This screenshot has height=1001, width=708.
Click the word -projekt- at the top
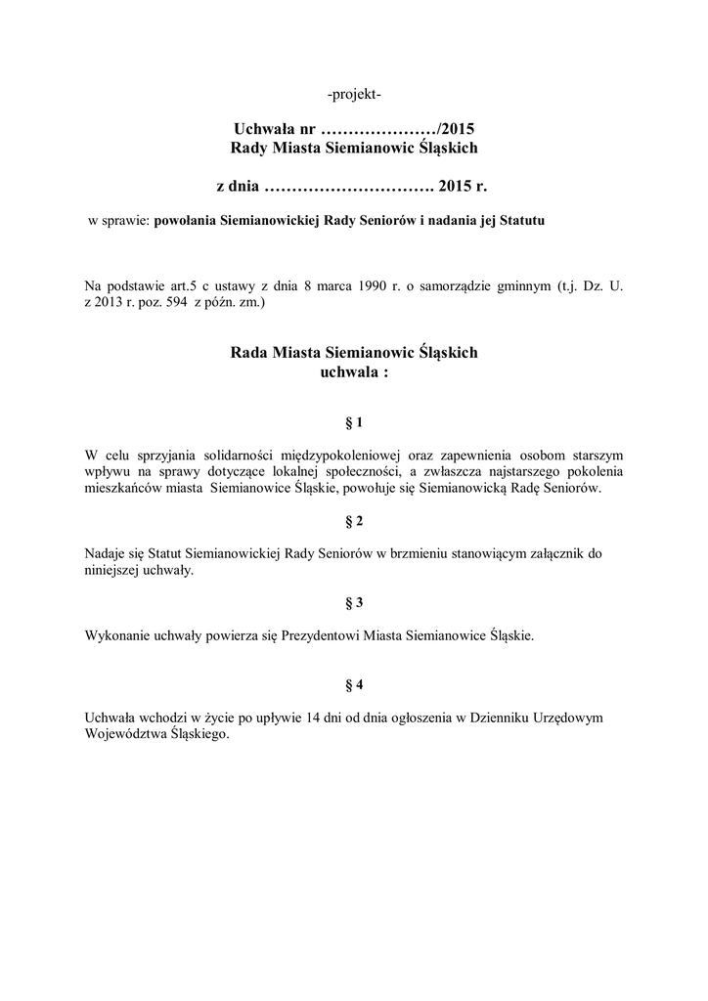point(354,94)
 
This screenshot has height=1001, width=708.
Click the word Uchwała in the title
point(264,128)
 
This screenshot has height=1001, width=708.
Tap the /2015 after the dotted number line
point(456,128)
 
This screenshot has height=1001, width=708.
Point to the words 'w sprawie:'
point(117,221)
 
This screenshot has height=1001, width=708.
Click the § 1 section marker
point(354,422)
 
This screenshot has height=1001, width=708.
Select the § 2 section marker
point(354,521)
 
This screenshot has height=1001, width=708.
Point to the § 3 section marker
point(354,602)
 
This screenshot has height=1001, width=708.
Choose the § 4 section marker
point(354,684)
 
